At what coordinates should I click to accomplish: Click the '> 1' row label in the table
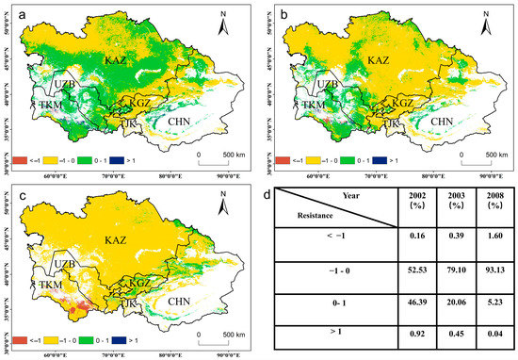tap(326, 340)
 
